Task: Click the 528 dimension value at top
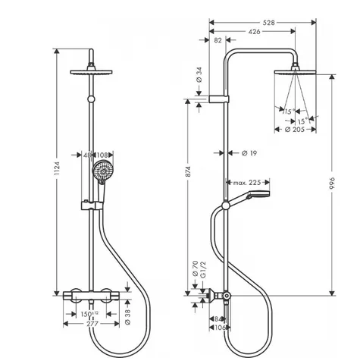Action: tap(268, 23)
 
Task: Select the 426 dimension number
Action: tap(254, 32)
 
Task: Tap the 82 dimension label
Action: tap(218, 40)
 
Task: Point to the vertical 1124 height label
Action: tap(57, 168)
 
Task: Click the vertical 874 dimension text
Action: tap(188, 171)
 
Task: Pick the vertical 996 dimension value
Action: tap(332, 184)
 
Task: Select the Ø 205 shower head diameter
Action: tap(295, 130)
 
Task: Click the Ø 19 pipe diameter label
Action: tap(249, 153)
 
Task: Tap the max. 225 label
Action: tap(247, 183)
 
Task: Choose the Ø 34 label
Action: tap(199, 75)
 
